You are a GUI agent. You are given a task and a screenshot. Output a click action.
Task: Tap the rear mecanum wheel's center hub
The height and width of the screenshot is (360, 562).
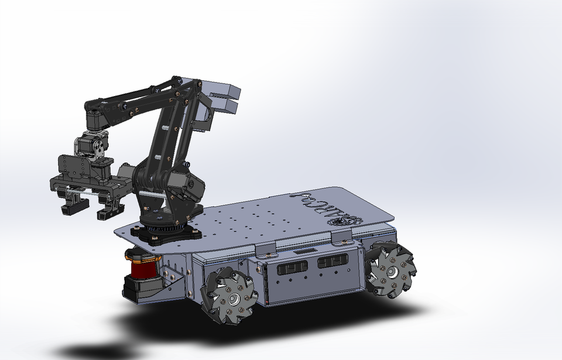(390, 271)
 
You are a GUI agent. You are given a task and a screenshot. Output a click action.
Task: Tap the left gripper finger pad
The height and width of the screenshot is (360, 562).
(73, 205)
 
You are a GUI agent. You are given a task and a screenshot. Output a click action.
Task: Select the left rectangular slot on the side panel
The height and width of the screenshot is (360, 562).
(290, 268)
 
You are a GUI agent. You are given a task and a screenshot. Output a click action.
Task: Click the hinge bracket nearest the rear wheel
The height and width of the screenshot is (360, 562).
(342, 236)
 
